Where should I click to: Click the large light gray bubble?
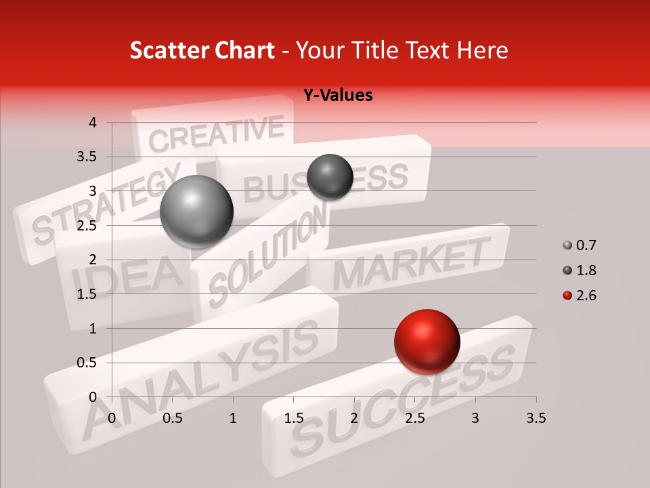196,211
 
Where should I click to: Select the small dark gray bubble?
330,177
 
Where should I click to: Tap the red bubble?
427,342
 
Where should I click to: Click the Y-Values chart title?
337,96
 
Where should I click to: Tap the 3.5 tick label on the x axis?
536,418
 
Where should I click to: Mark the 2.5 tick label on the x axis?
414,418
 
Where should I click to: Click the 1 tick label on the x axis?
233,418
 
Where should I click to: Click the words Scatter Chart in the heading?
202,50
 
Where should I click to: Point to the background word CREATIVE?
216,133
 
